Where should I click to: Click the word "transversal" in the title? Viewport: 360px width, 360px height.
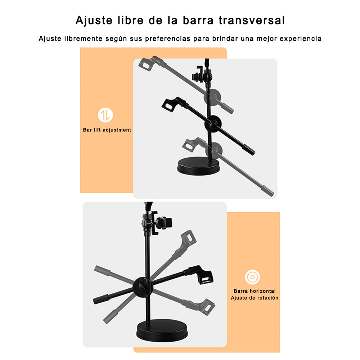coord(252,20)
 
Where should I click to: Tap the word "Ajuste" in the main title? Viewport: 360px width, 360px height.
coord(94,21)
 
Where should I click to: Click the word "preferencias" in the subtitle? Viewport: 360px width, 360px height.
coord(168,39)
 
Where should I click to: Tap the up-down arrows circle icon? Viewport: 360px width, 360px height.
coord(105,115)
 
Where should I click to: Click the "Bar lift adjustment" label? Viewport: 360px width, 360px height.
coord(107,130)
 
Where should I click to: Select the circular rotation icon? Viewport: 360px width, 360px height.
coord(252,277)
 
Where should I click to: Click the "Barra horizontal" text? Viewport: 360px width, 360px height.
coord(255,291)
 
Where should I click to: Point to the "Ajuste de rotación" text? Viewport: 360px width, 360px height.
coord(255,298)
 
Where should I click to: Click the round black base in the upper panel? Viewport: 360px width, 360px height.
coord(198,166)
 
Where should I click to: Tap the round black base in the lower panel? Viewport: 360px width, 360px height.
coord(162,330)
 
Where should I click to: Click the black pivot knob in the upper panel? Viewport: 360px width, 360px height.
coord(213,124)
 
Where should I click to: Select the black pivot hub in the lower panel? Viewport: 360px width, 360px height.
coord(143,287)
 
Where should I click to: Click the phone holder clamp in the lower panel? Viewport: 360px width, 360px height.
coord(158,223)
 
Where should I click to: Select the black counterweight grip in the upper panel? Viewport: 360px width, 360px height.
coord(249,150)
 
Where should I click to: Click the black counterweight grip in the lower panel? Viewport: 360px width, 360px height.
coord(101,299)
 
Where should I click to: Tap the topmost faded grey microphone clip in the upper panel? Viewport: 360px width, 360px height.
coord(150,63)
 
